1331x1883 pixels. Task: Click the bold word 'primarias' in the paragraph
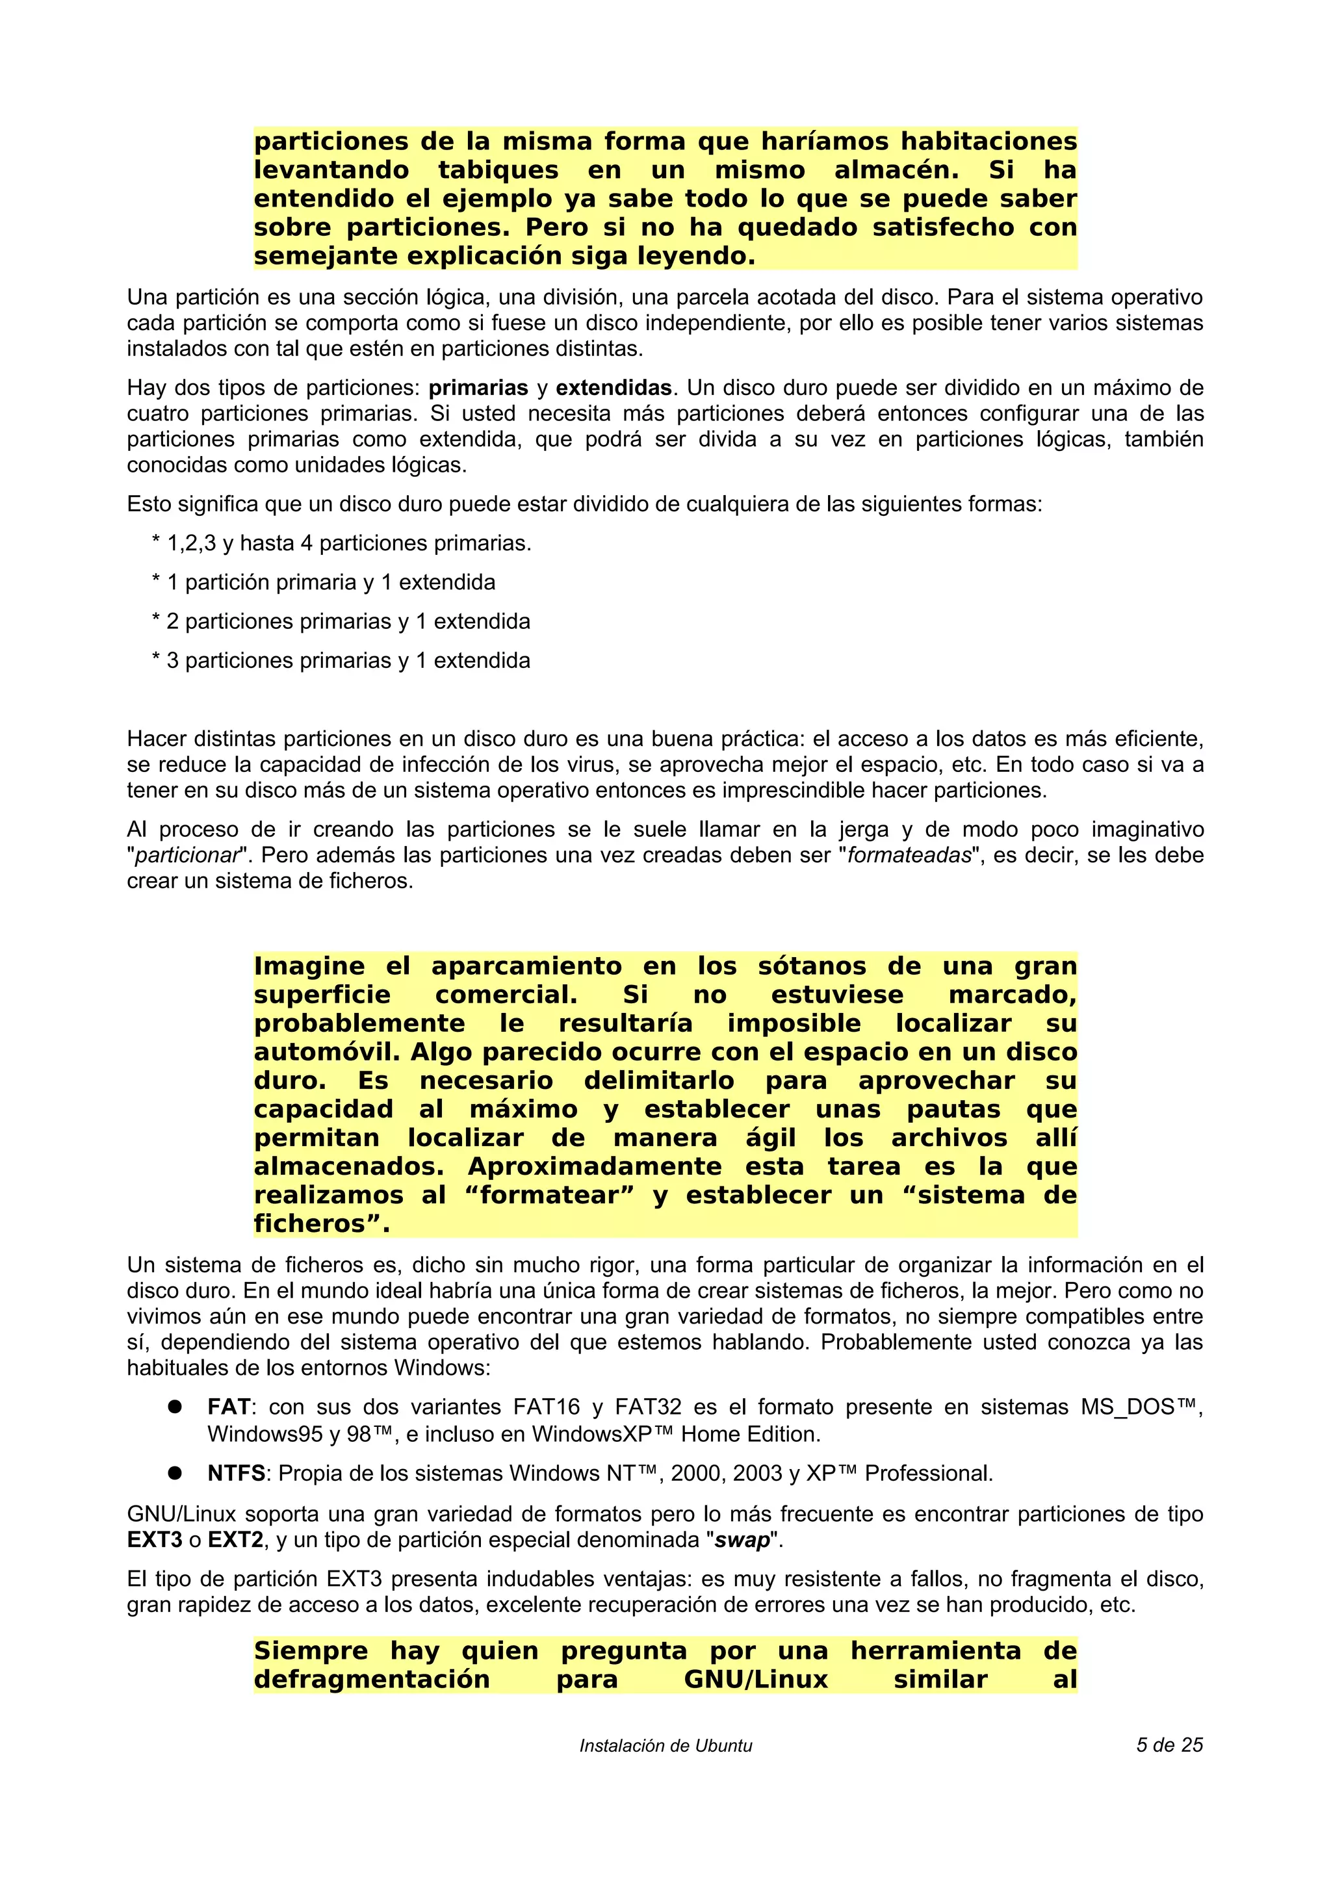[478, 388]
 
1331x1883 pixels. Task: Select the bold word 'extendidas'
[614, 388]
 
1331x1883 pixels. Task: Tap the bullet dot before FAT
[174, 1407]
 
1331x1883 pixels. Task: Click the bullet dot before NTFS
[174, 1473]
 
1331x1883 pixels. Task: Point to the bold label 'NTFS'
[236, 1474]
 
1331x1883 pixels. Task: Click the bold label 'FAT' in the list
[228, 1407]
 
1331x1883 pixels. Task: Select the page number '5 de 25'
[1169, 1745]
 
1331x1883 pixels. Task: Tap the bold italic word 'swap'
[742, 1540]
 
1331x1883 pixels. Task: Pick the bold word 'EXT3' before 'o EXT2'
[154, 1540]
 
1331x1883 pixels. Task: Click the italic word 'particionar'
[187, 855]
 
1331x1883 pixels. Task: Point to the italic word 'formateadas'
[909, 855]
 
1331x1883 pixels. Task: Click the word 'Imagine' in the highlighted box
[308, 966]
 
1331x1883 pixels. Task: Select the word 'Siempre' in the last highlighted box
[314, 1651]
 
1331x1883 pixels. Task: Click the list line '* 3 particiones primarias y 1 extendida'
[341, 660]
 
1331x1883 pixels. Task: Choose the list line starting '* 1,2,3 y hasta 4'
[341, 543]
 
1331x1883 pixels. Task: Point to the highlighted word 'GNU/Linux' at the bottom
[755, 1680]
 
